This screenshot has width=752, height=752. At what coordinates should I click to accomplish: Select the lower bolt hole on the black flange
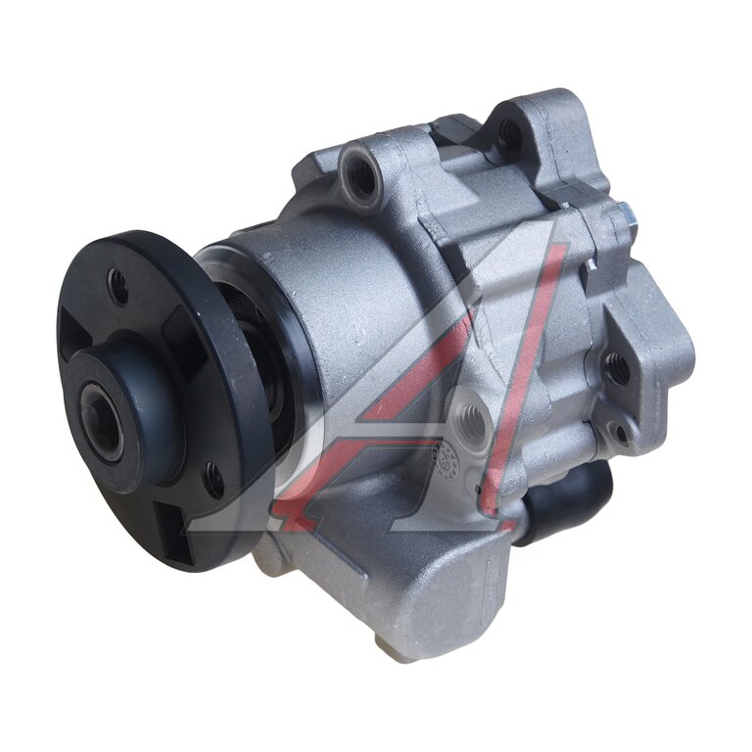[212, 480]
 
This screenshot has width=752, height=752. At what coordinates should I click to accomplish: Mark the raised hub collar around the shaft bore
[125, 413]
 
